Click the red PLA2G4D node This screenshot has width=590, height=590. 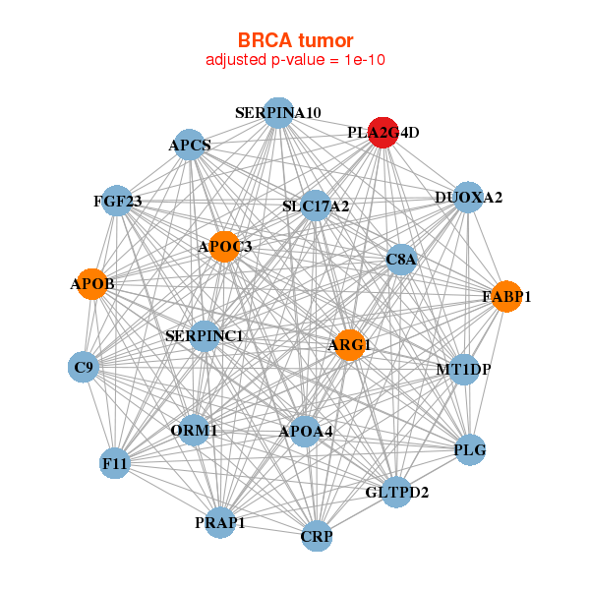click(383, 133)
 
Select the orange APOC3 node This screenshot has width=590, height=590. click(224, 247)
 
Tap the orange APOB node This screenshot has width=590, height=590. click(92, 284)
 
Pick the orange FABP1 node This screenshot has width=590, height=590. click(506, 297)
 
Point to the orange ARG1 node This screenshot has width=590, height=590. click(350, 345)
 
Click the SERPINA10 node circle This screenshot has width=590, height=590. click(278, 113)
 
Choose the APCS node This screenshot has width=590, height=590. click(190, 145)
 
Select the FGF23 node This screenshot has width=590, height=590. click(117, 201)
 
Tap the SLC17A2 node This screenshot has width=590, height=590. click(316, 206)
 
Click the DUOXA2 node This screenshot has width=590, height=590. click(468, 198)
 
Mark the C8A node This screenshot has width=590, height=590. click(401, 260)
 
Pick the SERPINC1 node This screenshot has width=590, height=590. click(205, 336)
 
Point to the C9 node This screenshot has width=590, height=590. click(84, 367)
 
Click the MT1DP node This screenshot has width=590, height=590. click(464, 370)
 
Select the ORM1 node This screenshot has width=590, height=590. click(194, 430)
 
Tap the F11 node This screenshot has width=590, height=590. click(115, 463)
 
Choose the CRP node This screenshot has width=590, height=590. click(317, 536)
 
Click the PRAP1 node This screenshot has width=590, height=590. click(220, 522)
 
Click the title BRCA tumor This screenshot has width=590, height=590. click(295, 40)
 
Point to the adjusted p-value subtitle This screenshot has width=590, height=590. click(295, 60)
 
